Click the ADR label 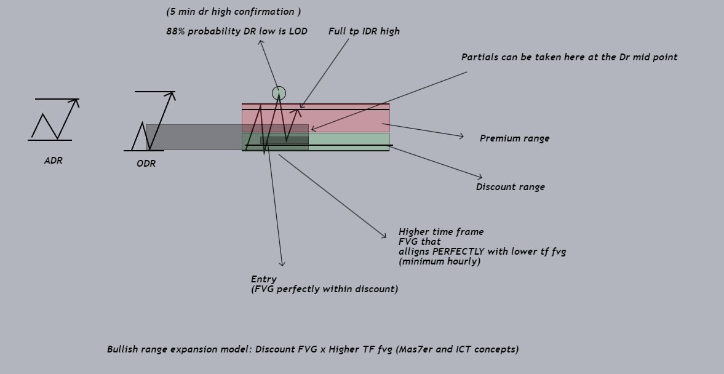tap(54, 161)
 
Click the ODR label tap(146, 164)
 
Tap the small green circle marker tap(279, 93)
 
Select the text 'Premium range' tap(514, 138)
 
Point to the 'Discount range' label tap(510, 187)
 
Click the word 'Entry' tap(263, 279)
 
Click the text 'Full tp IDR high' tap(364, 31)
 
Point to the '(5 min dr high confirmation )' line tap(234, 12)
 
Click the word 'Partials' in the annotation tap(480, 57)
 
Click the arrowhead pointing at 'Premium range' tap(462, 136)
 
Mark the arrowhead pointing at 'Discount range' tap(480, 178)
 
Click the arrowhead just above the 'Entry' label tap(282, 265)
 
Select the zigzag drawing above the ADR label tap(54, 120)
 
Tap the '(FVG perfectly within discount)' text tap(324, 289)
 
